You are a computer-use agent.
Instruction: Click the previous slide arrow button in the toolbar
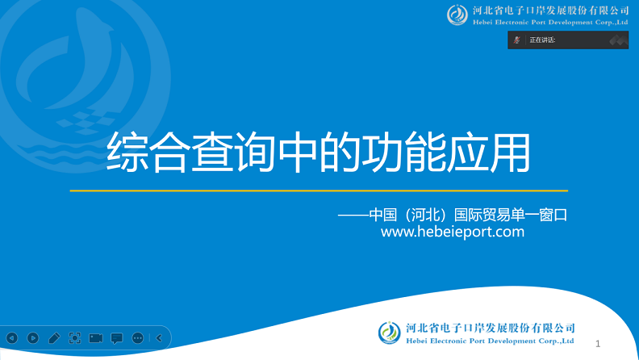pos(12,338)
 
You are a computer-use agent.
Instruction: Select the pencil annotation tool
pos(54,338)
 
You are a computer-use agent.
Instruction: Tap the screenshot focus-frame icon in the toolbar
pos(75,338)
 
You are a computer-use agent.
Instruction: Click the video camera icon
pos(96,338)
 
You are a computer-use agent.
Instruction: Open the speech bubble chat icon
pos(117,338)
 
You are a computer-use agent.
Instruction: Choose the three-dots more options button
pos(138,338)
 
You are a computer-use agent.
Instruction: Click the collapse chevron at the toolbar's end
pos(159,338)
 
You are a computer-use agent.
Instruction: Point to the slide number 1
pos(598,343)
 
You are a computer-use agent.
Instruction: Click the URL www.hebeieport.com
pos(452,232)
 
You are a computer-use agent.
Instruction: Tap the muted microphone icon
pos(516,40)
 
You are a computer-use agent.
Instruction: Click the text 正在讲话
pos(542,40)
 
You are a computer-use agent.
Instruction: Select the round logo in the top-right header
pos(457,15)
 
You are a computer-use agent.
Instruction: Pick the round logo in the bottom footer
pos(389,332)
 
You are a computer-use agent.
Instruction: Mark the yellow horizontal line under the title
pos(319,190)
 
